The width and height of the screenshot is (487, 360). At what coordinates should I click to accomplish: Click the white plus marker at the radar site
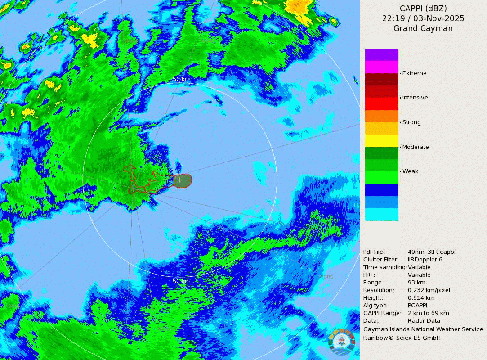click(x=180, y=180)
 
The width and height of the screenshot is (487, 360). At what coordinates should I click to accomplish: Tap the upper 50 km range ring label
click(x=182, y=79)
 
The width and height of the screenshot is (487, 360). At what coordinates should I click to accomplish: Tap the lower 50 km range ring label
click(x=182, y=281)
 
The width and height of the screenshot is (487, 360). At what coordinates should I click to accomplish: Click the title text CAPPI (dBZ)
click(x=423, y=8)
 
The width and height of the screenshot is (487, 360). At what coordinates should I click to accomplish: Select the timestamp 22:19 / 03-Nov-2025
click(x=423, y=18)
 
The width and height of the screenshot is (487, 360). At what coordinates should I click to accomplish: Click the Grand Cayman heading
click(x=423, y=29)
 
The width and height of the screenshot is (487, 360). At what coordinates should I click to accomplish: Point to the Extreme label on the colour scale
click(x=414, y=73)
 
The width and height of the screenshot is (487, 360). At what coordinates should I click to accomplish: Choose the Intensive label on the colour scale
click(x=415, y=98)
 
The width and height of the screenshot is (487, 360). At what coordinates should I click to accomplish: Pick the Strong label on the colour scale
click(x=411, y=122)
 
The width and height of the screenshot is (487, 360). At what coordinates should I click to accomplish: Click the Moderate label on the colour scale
click(x=415, y=147)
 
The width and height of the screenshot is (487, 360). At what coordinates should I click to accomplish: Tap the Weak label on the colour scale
click(x=410, y=171)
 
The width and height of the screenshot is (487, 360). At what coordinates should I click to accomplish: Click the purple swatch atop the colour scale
click(x=381, y=54)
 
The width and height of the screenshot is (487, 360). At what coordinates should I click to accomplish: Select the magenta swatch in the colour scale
click(x=381, y=67)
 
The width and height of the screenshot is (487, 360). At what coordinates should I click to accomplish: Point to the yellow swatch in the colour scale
click(x=381, y=141)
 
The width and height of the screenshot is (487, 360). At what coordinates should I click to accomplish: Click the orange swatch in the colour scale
click(x=381, y=116)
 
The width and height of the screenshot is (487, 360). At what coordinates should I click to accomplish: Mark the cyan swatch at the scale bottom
click(x=381, y=215)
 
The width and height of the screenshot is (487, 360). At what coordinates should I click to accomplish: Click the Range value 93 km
click(x=416, y=283)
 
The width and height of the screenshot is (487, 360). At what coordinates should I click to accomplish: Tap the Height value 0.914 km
click(x=421, y=298)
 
